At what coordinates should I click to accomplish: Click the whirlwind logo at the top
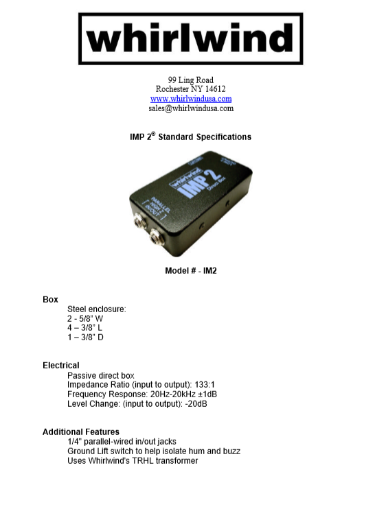[x=190, y=38]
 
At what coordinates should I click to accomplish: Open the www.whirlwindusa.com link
[x=191, y=99]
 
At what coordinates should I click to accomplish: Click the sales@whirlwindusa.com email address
[x=191, y=108]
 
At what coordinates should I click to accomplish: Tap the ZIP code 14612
[x=215, y=89]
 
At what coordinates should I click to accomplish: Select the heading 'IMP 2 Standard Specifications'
[x=190, y=137]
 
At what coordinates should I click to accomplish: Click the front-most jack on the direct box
[x=157, y=237]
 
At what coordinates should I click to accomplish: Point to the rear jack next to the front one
[x=140, y=222]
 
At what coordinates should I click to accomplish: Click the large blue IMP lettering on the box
[x=192, y=185]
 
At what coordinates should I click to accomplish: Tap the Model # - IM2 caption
[x=191, y=271]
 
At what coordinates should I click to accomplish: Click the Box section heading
[x=50, y=300]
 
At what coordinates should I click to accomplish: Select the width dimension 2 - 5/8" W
[x=85, y=319]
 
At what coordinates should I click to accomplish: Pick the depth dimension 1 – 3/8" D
[x=85, y=338]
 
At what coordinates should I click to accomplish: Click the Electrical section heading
[x=61, y=366]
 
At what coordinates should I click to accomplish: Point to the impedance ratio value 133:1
[x=205, y=385]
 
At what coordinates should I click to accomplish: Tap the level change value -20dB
[x=196, y=404]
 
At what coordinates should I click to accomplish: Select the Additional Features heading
[x=81, y=432]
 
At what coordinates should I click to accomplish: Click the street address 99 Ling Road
[x=191, y=80]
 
